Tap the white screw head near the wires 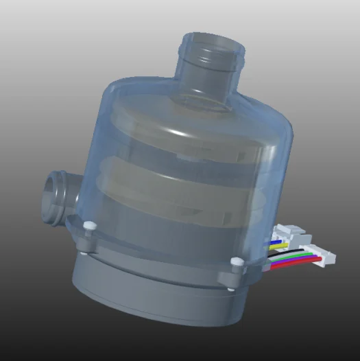pos(235,261)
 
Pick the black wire pos(289,251)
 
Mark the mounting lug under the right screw pos(233,273)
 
